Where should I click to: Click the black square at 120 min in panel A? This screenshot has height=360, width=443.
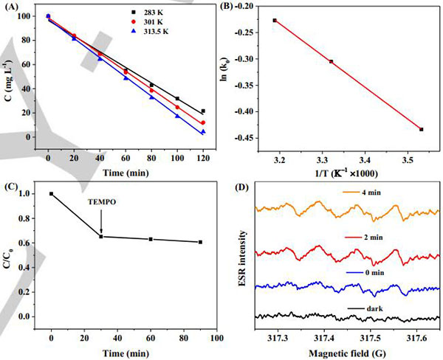[x=203, y=111]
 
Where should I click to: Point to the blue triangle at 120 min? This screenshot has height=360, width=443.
[x=203, y=132]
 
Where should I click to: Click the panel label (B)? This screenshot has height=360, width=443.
[x=243, y=8]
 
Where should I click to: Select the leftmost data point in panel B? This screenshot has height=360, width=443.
[x=275, y=20]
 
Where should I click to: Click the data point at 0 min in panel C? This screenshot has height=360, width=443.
[x=51, y=193]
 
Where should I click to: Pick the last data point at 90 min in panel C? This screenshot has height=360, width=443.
[x=179, y=242]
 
